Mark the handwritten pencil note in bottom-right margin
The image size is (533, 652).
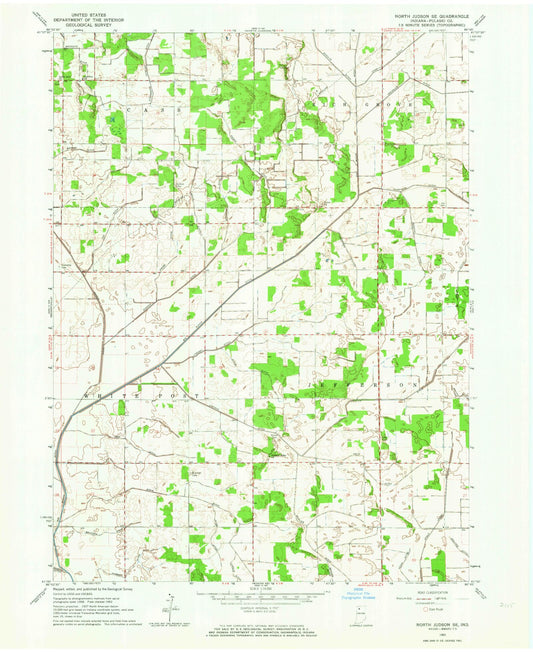(x=501, y=603)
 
